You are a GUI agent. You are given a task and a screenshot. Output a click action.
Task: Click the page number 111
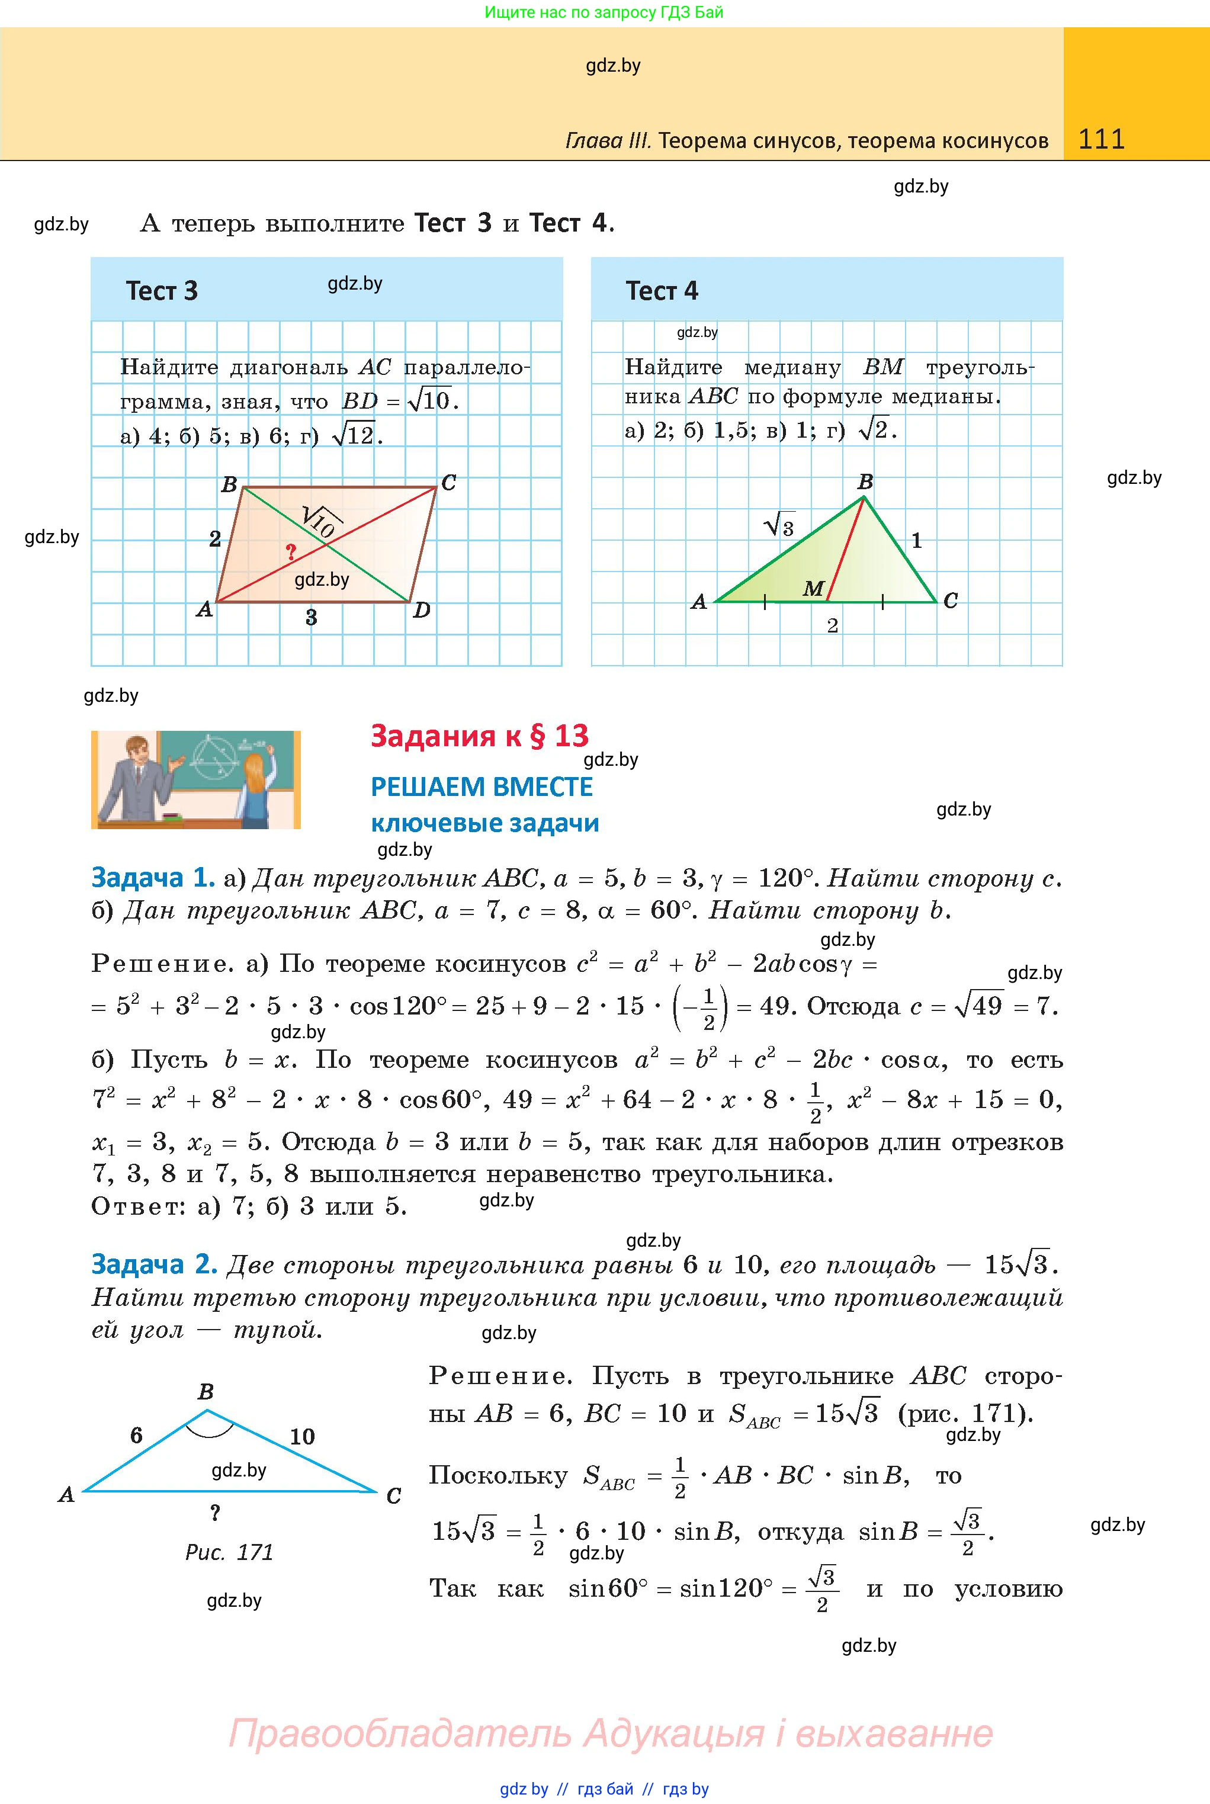pyautogui.click(x=1101, y=139)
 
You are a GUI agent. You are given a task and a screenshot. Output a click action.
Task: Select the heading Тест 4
pyautogui.click(x=662, y=291)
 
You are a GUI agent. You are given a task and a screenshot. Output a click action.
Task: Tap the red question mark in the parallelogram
pyautogui.click(x=291, y=552)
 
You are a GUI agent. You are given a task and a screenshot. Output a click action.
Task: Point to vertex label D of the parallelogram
pyautogui.click(x=421, y=611)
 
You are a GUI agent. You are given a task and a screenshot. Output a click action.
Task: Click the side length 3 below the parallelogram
pyautogui.click(x=311, y=617)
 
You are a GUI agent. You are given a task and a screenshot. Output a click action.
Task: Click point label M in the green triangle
pyautogui.click(x=813, y=589)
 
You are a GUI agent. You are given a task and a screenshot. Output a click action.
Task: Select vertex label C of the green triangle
pyautogui.click(x=951, y=601)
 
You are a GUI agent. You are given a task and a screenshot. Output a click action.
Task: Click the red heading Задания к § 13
pyautogui.click(x=479, y=736)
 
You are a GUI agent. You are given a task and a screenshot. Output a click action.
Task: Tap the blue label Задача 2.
pyautogui.click(x=152, y=1264)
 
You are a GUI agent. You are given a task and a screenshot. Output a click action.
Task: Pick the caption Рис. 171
pyautogui.click(x=229, y=1552)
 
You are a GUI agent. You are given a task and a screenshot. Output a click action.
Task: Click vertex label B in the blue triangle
pyautogui.click(x=206, y=1392)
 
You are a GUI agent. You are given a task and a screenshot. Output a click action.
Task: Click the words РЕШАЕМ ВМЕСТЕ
pyautogui.click(x=482, y=787)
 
